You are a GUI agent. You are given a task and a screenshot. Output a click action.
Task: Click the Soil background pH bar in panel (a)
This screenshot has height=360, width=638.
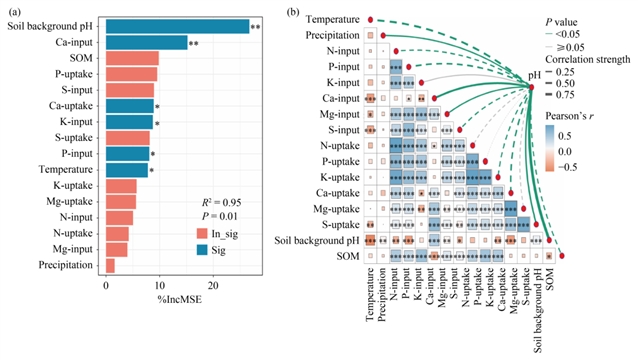(177, 26)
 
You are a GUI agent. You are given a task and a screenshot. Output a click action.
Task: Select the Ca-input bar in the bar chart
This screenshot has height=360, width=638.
(146, 42)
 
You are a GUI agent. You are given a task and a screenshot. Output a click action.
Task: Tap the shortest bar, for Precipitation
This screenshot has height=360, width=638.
(110, 265)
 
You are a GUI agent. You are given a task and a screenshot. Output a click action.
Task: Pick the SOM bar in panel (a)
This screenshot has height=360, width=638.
(132, 58)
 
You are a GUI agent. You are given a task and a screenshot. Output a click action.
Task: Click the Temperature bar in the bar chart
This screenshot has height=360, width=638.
(127, 170)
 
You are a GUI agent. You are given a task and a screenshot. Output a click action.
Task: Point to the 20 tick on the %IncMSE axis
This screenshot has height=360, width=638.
(213, 286)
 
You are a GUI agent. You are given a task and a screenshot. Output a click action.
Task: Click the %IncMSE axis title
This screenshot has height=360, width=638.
(179, 300)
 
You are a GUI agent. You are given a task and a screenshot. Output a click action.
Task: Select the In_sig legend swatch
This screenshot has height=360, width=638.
(202, 234)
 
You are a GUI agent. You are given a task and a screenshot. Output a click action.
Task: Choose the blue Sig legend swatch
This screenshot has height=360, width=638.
(202, 250)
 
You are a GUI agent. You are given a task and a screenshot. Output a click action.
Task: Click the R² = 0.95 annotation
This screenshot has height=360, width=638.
(221, 202)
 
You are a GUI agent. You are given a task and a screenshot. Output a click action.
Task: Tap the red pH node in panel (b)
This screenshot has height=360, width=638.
(531, 87)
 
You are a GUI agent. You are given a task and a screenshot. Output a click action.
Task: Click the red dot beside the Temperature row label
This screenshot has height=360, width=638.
(370, 20)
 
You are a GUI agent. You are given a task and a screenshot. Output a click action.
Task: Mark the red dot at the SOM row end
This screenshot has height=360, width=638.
(562, 256)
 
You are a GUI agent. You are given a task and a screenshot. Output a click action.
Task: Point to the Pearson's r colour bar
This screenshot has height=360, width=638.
(550, 148)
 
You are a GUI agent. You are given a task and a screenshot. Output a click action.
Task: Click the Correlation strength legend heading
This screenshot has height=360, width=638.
(588, 59)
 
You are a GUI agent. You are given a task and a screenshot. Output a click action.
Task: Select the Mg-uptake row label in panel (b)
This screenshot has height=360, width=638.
(336, 209)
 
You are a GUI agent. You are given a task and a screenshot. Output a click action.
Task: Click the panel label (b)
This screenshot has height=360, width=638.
(293, 13)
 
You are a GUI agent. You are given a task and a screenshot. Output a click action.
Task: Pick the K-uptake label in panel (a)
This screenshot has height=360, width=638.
(73, 185)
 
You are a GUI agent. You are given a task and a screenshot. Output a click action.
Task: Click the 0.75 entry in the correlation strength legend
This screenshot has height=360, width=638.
(565, 95)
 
